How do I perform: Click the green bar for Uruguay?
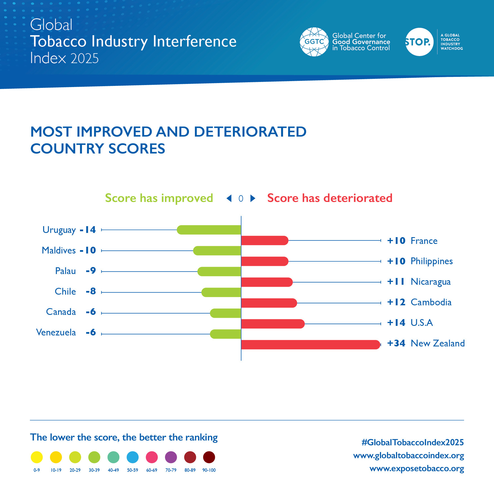point(209,230)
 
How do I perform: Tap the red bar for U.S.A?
point(273,324)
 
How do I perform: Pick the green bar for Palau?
point(219,272)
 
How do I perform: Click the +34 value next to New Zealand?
point(396,343)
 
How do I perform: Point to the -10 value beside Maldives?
point(88,250)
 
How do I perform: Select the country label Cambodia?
point(431,302)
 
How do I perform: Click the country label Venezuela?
point(56,333)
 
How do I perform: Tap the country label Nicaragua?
point(431,282)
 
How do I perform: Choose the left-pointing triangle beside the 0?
point(229,198)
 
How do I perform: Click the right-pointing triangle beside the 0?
point(253,198)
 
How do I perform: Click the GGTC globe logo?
point(314,42)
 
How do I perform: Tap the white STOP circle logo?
point(419,42)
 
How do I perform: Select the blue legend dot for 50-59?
point(132,457)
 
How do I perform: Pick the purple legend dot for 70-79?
point(171,457)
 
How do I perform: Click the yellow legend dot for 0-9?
point(37,457)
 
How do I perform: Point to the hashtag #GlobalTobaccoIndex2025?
point(413,442)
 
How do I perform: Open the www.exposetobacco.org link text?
point(417,469)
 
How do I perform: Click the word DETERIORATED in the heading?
point(250,132)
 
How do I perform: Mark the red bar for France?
point(265,241)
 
